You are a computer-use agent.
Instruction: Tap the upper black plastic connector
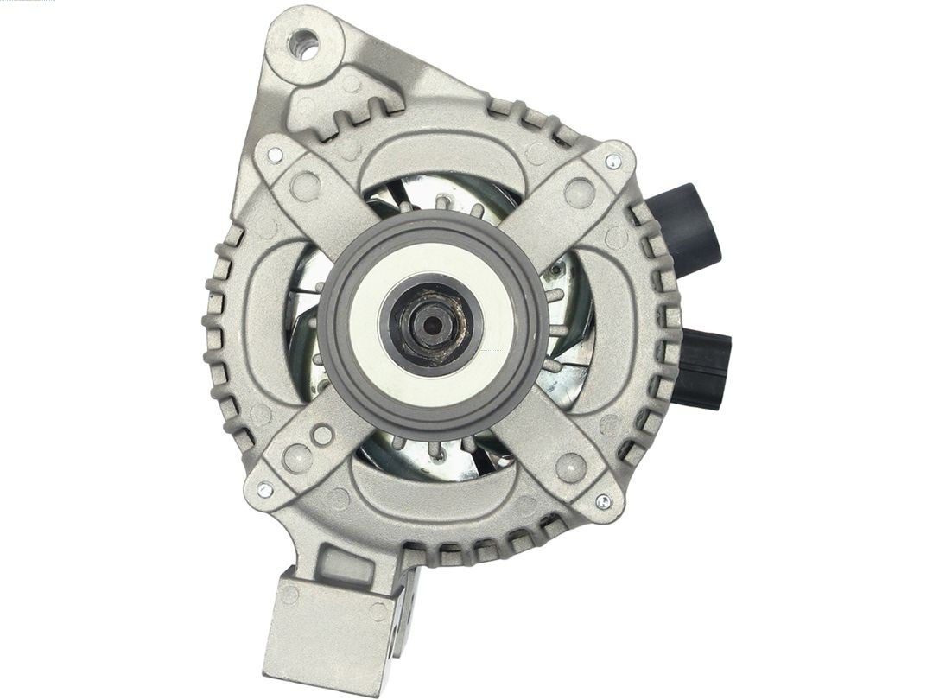(x=688, y=227)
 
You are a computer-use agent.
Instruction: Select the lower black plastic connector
(x=701, y=369)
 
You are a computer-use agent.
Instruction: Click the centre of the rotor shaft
(x=429, y=326)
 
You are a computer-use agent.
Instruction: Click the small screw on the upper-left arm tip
(x=275, y=156)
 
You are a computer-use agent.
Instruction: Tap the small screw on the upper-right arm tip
(x=612, y=162)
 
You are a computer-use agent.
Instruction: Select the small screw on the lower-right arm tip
(x=603, y=501)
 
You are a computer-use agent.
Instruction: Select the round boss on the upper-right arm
(x=578, y=192)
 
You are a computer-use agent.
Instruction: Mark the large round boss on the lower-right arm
(x=571, y=468)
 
